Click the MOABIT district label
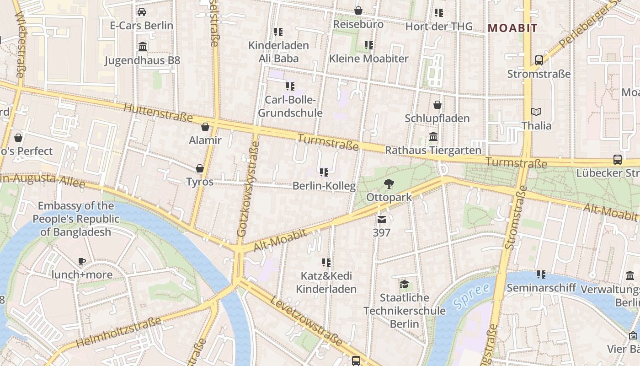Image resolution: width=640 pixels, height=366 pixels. point(512,28)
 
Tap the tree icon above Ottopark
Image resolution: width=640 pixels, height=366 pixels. point(389,184)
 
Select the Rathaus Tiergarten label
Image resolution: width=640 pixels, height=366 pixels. point(433,150)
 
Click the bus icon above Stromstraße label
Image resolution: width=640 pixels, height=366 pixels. point(539,60)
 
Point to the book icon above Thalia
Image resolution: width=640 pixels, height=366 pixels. point(536,112)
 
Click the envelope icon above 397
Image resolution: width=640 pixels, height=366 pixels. point(382,220)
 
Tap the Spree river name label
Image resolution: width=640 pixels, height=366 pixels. point(471,296)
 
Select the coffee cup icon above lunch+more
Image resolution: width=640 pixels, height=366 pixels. point(82,262)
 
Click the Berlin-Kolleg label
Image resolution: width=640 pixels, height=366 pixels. point(324,186)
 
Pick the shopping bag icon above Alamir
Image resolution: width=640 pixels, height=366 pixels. point(205,127)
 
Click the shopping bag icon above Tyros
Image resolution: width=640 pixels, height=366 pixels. point(199,169)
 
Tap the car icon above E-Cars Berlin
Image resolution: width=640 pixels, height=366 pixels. point(142,12)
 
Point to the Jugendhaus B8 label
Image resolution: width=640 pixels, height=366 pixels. point(142,60)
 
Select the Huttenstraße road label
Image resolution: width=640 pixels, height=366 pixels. point(158,113)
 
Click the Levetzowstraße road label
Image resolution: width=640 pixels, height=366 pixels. point(306,322)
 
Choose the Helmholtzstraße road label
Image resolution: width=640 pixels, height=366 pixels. point(119,331)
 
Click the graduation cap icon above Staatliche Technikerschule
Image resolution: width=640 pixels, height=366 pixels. point(404,285)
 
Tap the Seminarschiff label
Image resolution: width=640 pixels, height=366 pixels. point(541,288)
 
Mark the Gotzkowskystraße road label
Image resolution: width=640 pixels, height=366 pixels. point(248,188)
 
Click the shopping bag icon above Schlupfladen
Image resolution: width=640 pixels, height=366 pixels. point(437,105)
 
